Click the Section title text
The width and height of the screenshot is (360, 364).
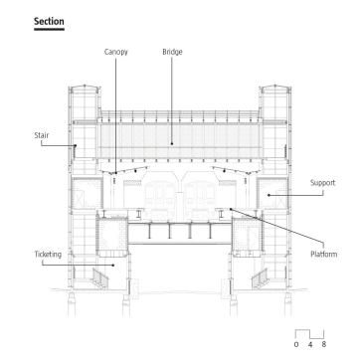tap(49, 22)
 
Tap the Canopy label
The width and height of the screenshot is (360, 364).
tap(116, 52)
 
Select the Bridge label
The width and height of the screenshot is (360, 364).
tap(172, 52)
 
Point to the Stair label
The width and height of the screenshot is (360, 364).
tap(42, 135)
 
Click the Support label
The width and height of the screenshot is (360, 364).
tap(322, 183)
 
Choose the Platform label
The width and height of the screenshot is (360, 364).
tap(323, 255)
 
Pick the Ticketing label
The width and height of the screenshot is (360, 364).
tap(48, 255)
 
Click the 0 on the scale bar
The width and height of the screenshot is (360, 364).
tap(296, 344)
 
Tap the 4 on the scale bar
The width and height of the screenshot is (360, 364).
tap(310, 344)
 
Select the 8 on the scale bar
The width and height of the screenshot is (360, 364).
tap(324, 344)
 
